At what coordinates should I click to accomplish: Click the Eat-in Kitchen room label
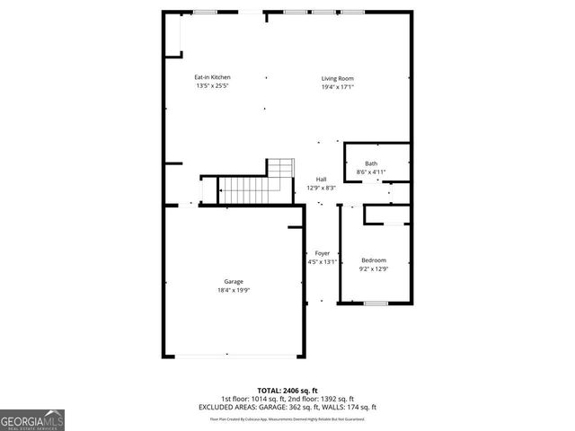[x=212, y=78]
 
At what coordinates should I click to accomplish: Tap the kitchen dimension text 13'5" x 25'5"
[x=212, y=86]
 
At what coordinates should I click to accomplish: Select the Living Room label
[x=338, y=78]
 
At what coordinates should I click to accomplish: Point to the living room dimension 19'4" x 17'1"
[x=338, y=86]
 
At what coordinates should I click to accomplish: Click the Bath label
[x=371, y=163]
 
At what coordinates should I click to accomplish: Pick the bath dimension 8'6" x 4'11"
[x=371, y=171]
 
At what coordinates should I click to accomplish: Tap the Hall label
[x=321, y=179]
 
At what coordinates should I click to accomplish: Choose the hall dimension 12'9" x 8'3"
[x=321, y=188]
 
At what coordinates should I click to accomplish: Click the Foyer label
[x=321, y=253]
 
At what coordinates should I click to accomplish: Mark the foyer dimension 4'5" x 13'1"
[x=321, y=262]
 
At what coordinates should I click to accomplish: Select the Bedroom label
[x=374, y=260]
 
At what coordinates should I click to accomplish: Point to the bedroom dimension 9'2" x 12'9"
[x=374, y=268]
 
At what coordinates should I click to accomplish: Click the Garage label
[x=234, y=282]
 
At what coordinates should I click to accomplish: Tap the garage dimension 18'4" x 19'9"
[x=234, y=290]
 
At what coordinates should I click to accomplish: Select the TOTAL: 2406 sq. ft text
[x=287, y=391]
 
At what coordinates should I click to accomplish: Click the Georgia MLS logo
[x=32, y=418]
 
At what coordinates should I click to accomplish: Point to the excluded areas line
[x=287, y=407]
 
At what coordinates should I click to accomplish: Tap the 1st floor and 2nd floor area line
[x=287, y=399]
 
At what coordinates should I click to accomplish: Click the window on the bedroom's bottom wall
[x=376, y=303]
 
